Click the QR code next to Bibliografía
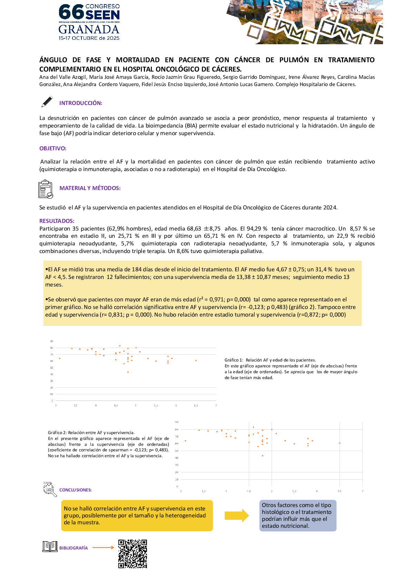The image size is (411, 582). [133, 554]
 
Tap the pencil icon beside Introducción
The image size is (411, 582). [47, 102]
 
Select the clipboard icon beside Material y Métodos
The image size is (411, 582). [45, 189]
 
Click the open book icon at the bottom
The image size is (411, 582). [50, 546]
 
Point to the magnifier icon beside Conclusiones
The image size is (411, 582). [50, 489]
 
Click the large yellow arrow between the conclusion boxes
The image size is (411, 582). [237, 515]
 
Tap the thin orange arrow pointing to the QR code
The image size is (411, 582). [103, 547]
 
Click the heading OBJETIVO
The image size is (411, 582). [53, 148]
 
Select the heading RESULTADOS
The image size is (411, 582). [57, 221]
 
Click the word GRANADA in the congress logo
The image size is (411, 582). [89, 29]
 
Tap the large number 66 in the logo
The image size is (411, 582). [71, 12]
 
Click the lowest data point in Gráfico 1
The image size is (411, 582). [128, 372]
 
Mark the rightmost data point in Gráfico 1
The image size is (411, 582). [196, 360]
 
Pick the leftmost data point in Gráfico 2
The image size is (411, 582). [185, 441]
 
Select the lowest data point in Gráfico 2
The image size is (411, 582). [263, 456]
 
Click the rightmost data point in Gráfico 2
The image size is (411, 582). [340, 443]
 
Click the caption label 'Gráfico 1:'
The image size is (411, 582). [234, 360]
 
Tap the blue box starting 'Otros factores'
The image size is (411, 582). [297, 515]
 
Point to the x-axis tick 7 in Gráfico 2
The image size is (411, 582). [362, 491]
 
